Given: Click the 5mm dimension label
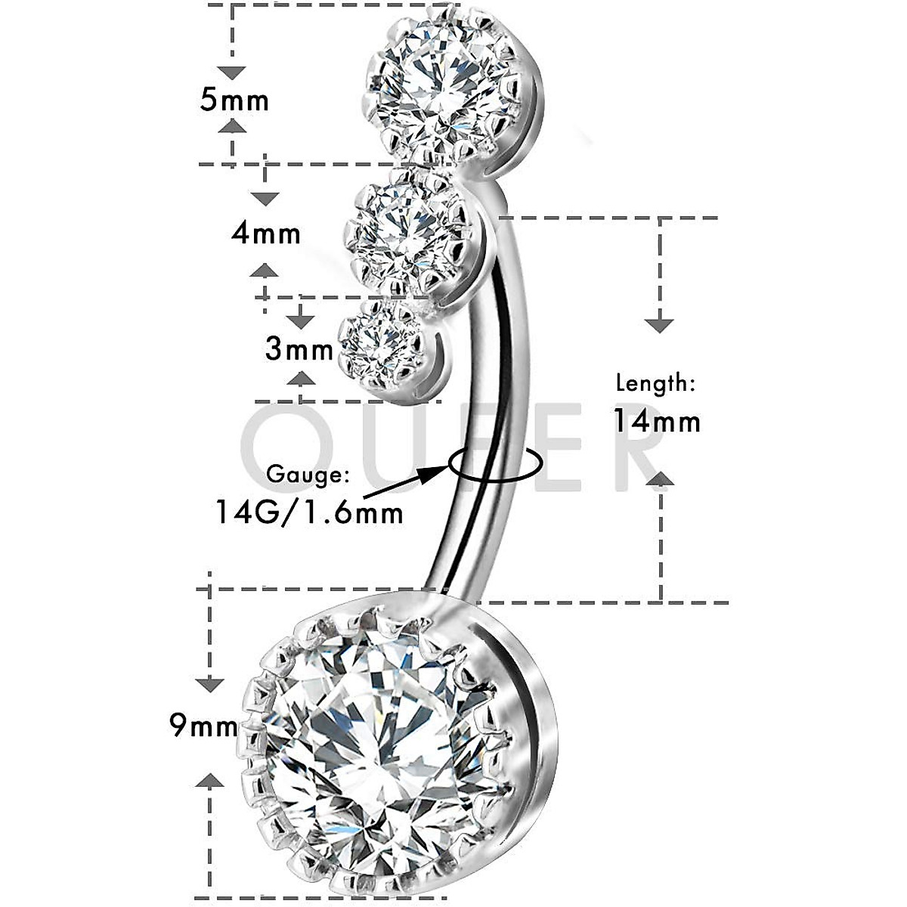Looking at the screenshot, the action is [234, 100].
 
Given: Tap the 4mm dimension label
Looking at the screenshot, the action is [266, 233].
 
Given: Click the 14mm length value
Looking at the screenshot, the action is [656, 420].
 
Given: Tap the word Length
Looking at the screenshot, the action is [655, 382].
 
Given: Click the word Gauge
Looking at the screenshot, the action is [308, 475].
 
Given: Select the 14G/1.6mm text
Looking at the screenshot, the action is [308, 513].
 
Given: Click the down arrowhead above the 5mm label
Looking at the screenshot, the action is [234, 73].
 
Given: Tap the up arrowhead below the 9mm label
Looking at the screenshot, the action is [211, 780].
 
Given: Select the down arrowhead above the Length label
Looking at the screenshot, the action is [661, 325].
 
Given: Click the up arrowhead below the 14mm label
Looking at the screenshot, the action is [661, 478].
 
